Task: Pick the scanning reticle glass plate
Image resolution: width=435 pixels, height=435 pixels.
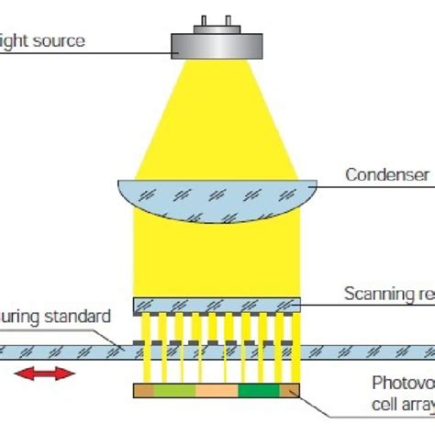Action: tap(217, 304)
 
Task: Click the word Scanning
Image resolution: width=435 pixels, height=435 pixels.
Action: tap(376, 294)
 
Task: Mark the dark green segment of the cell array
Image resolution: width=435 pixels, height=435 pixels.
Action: tap(259, 391)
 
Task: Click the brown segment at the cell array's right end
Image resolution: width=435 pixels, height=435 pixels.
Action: tap(291, 391)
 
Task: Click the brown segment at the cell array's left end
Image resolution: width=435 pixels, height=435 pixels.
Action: tap(143, 391)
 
